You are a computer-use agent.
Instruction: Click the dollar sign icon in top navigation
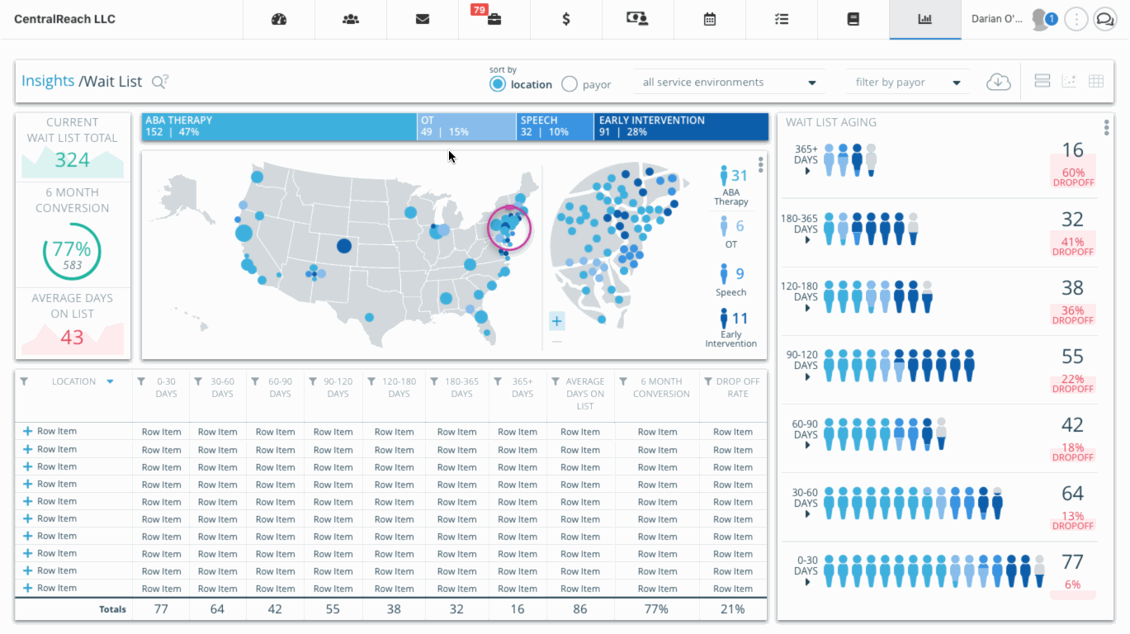click(565, 19)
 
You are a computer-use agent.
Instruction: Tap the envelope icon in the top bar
click(423, 19)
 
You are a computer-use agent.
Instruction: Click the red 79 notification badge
click(478, 10)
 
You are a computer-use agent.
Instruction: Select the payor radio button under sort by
click(570, 83)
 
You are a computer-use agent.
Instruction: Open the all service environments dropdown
click(729, 83)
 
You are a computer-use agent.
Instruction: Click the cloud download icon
click(999, 82)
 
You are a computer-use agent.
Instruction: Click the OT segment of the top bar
click(466, 126)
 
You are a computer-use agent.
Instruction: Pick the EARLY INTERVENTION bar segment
click(680, 126)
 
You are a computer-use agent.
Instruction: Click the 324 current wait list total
click(72, 159)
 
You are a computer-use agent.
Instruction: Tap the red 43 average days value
click(72, 337)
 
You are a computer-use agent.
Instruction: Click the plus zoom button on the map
click(557, 321)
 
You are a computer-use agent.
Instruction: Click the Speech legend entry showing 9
click(731, 280)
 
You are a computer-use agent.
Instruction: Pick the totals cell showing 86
click(579, 609)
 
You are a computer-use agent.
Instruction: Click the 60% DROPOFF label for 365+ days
click(1072, 177)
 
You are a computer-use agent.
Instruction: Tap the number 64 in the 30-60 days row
click(1072, 494)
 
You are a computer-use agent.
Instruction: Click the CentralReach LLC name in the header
click(64, 19)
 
